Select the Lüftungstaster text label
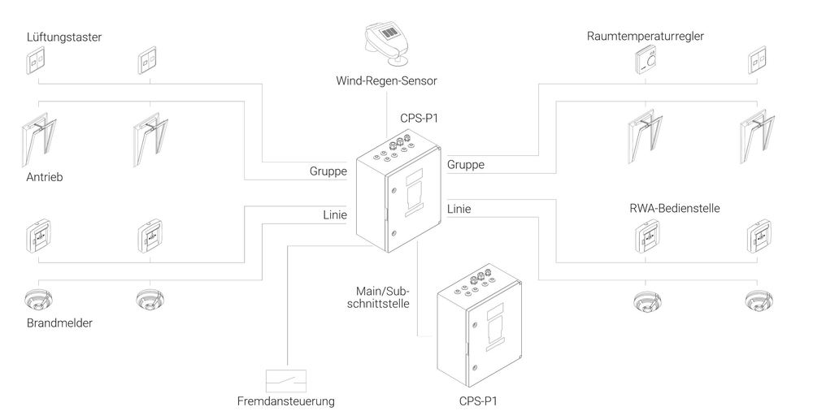tap(64, 37)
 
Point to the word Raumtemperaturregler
tap(645, 37)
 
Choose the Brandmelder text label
tap(59, 323)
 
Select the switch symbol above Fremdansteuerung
tap(287, 380)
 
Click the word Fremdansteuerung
tap(285, 401)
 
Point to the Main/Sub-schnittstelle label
tap(382, 297)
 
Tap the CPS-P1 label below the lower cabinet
tap(478, 401)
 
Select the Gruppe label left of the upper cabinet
tap(328, 171)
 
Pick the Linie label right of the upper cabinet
tap(459, 210)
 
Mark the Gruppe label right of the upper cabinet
tap(466, 165)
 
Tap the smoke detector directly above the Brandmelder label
tap(39, 298)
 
